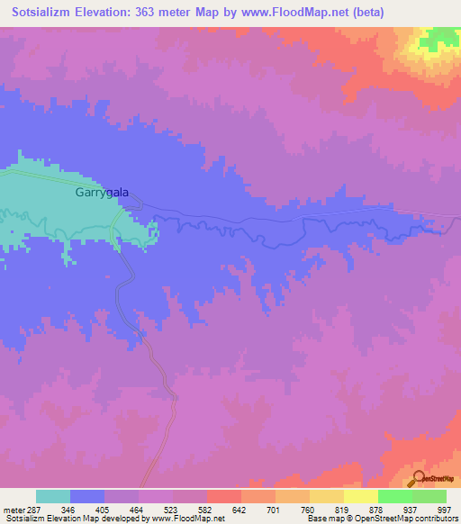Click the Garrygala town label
101,192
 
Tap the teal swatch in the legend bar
53,496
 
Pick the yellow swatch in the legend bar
360,496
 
